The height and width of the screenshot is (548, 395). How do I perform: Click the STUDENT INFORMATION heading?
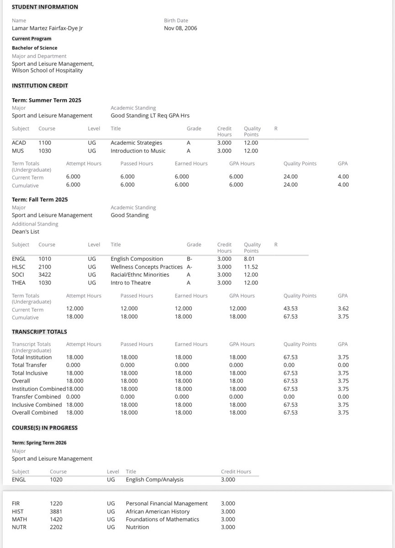pyautogui.click(x=45, y=7)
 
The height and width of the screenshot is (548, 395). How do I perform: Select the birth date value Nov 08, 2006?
pyautogui.click(x=180, y=28)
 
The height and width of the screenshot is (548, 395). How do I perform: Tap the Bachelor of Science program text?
pyautogui.click(x=35, y=48)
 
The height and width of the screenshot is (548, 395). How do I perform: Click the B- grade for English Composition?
pyautogui.click(x=190, y=258)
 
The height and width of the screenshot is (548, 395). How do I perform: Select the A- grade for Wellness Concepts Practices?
pyautogui.click(x=190, y=267)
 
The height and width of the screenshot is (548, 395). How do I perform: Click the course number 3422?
pyautogui.click(x=45, y=274)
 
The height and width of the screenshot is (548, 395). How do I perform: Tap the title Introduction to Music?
pyautogui.click(x=138, y=151)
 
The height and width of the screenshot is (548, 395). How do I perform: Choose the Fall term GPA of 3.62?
pyautogui.click(x=343, y=308)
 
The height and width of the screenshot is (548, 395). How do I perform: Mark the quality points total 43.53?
pyautogui.click(x=290, y=308)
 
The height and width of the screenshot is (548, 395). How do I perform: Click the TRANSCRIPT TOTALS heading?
pyautogui.click(x=39, y=332)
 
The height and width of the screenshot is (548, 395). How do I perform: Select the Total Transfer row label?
pyautogui.click(x=29, y=365)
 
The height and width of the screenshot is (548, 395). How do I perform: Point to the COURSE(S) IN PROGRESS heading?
pyautogui.click(x=45, y=428)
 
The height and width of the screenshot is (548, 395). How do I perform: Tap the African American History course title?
pyautogui.click(x=158, y=511)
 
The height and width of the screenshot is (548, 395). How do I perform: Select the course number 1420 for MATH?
pyautogui.click(x=56, y=519)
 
